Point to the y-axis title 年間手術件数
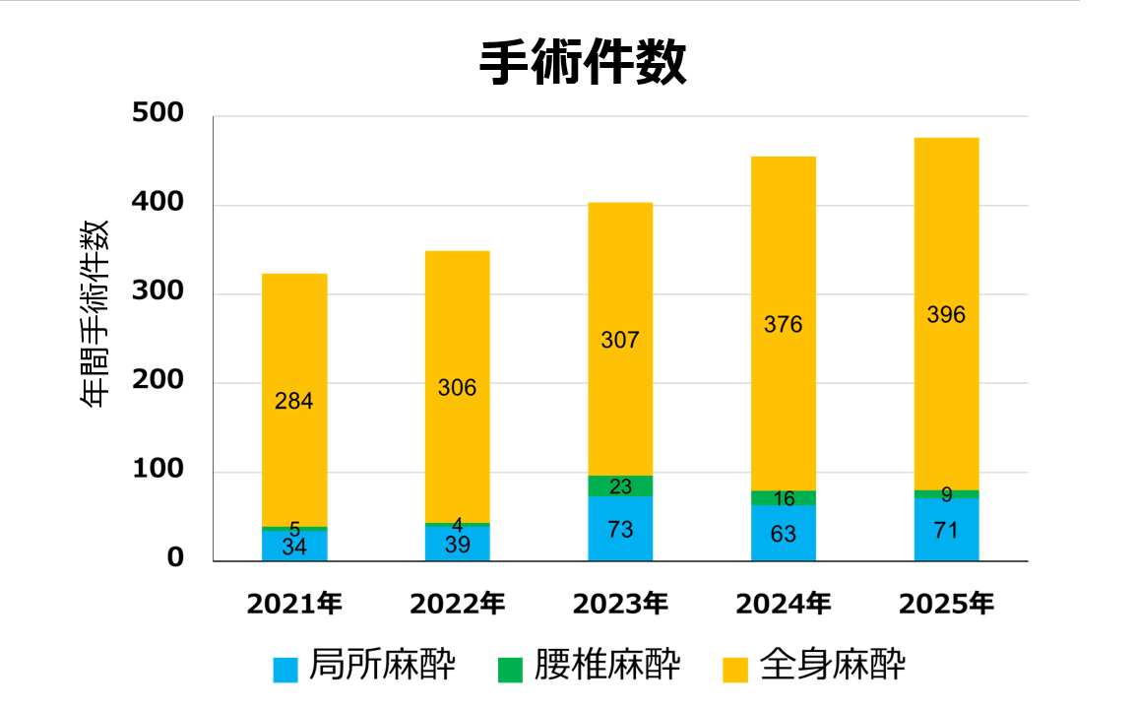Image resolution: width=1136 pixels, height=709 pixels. pyautogui.click(x=95, y=313)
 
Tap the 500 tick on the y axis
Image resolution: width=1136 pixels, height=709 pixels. pyautogui.click(x=158, y=114)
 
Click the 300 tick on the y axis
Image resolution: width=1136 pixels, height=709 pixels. pyautogui.click(x=158, y=292)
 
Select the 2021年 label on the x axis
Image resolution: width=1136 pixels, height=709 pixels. pyautogui.click(x=294, y=604)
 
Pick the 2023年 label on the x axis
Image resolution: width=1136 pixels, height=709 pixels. pyautogui.click(x=620, y=604)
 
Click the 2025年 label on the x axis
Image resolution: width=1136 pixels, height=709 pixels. pyautogui.click(x=946, y=604)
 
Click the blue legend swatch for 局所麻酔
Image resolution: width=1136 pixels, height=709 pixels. pyautogui.click(x=285, y=670)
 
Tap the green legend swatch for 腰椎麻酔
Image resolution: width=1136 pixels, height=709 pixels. pyautogui.click(x=510, y=670)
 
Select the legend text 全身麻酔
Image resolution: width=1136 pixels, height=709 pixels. pyautogui.click(x=833, y=667)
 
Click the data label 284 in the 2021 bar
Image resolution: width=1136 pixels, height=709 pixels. pyautogui.click(x=294, y=401)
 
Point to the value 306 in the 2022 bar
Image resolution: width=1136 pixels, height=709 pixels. pyautogui.click(x=457, y=388)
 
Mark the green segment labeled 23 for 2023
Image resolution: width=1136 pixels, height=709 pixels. pyautogui.click(x=620, y=486)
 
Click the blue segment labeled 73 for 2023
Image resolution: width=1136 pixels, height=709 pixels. pyautogui.click(x=620, y=529)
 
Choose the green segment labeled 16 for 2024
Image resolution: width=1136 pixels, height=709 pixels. pyautogui.click(x=784, y=498)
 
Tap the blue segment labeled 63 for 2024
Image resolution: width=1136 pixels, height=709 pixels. pyautogui.click(x=784, y=534)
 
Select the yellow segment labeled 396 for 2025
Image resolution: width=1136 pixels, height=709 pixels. pyautogui.click(x=946, y=314)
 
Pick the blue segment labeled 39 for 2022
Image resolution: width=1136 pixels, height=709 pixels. pyautogui.click(x=457, y=545)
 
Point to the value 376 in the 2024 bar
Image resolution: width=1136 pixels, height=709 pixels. pyautogui.click(x=784, y=324)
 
